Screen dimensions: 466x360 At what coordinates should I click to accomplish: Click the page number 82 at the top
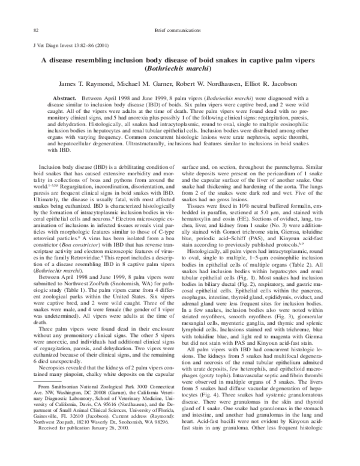tap(36, 13)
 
